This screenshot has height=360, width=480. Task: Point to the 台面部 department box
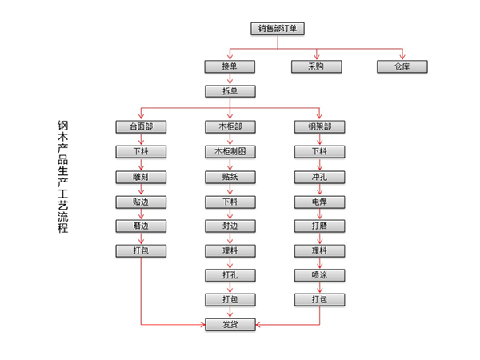point(141,127)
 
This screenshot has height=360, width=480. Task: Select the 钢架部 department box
point(319,127)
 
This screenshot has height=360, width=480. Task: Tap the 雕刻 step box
point(141,176)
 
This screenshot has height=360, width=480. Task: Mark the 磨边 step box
point(141,226)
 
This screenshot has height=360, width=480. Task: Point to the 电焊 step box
point(319,201)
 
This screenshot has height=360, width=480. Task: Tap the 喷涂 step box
point(319,275)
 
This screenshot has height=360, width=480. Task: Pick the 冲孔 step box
point(319,176)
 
